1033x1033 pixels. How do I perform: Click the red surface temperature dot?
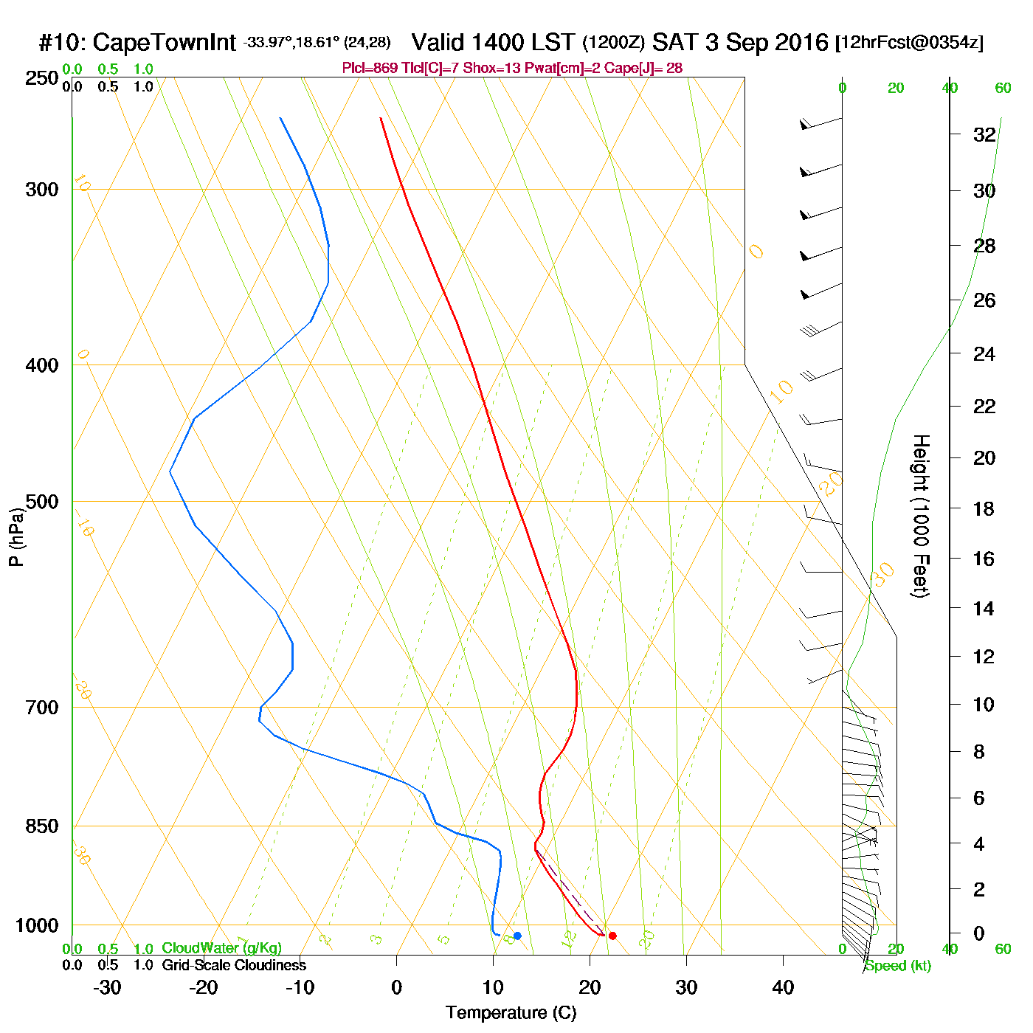click(612, 936)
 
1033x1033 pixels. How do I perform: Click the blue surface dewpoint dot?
click(517, 936)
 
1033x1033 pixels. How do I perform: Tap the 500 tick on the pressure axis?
click(42, 502)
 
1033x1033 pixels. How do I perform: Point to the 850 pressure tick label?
click(42, 826)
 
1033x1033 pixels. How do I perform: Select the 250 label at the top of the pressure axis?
click(42, 78)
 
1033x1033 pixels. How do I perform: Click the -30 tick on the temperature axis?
click(107, 987)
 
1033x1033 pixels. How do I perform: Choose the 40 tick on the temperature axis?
click(783, 987)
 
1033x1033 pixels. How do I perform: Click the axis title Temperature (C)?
click(511, 1013)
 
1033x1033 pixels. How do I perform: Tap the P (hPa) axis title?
click(16, 536)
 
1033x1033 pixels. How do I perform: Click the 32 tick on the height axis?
click(984, 135)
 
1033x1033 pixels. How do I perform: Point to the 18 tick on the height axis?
click(984, 508)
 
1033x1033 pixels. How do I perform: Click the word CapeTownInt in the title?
click(165, 43)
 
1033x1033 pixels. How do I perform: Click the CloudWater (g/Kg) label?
click(221, 948)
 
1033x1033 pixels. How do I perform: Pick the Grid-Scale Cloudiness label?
click(233, 965)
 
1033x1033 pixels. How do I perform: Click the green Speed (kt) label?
click(898, 966)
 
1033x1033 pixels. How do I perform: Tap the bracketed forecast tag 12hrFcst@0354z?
click(909, 43)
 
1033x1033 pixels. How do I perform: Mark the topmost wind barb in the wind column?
click(820, 122)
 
